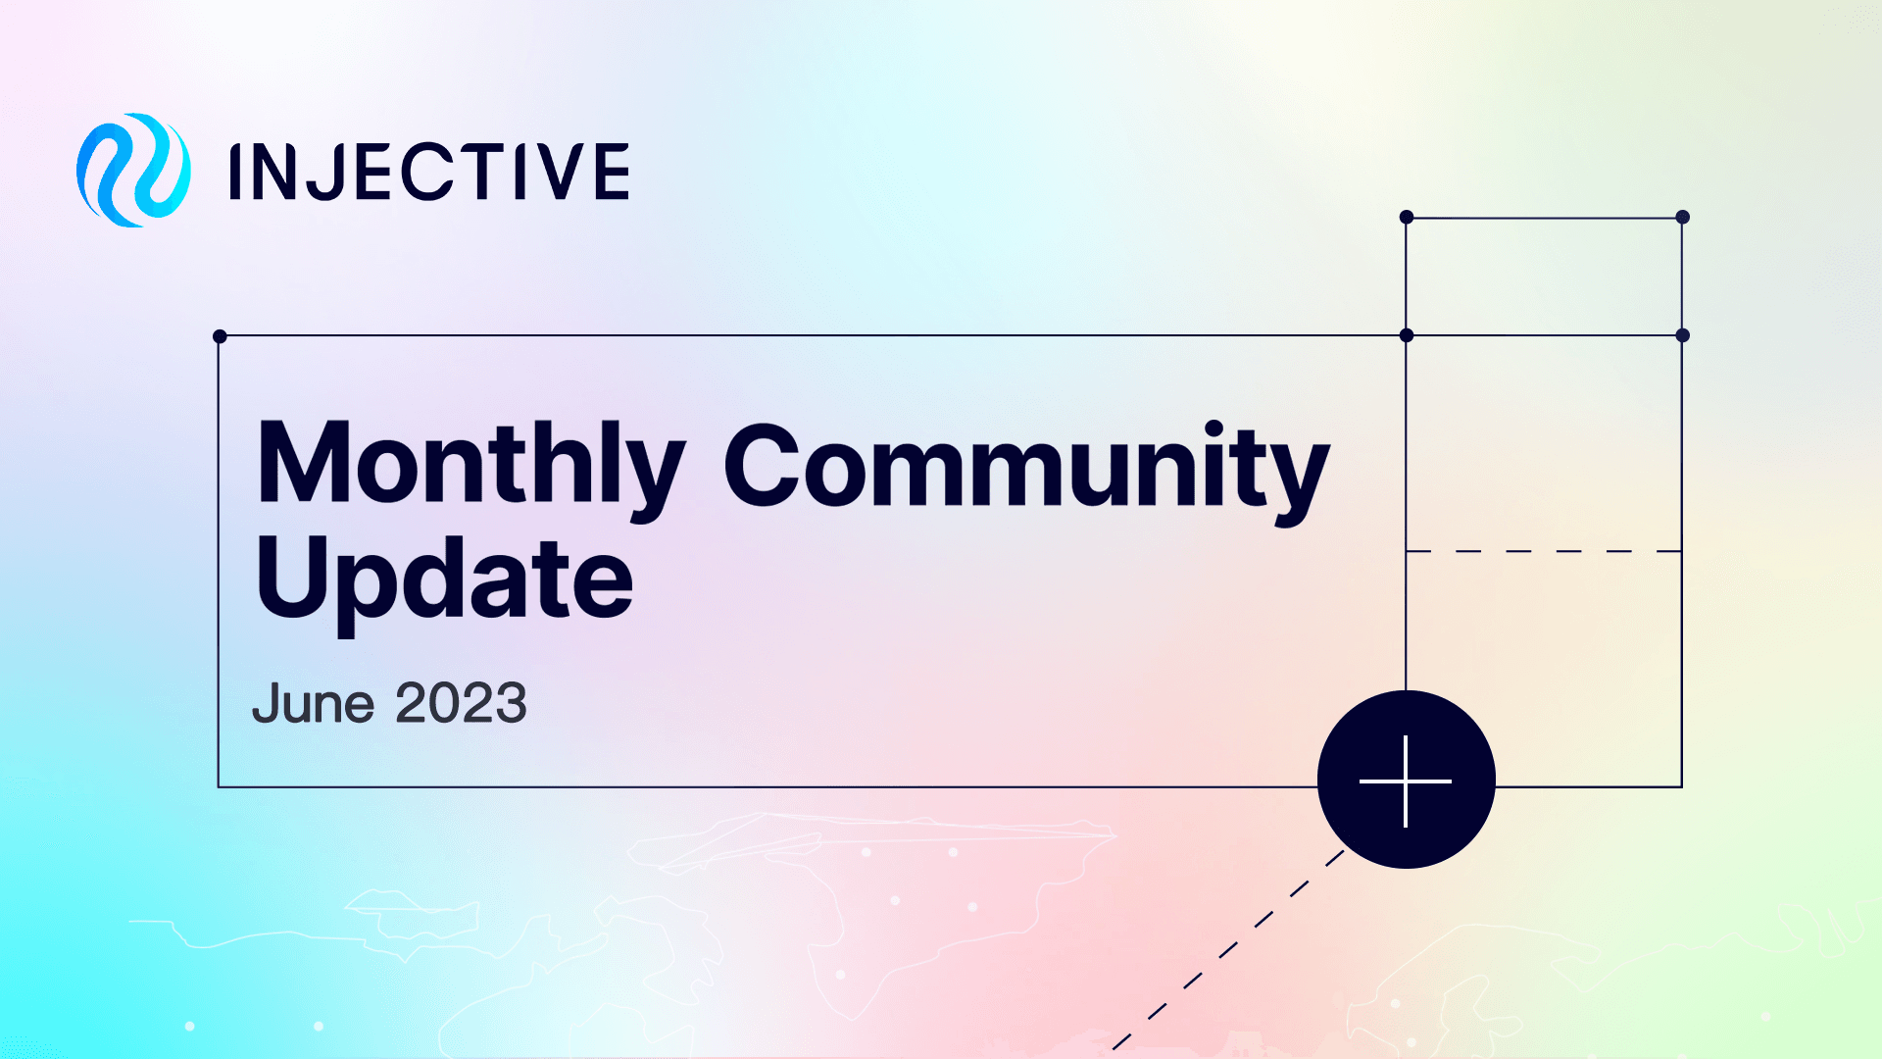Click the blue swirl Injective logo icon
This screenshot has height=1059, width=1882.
click(133, 171)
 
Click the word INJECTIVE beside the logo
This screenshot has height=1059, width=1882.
click(429, 172)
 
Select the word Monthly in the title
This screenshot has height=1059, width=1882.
click(470, 464)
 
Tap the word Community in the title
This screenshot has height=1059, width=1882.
click(1026, 467)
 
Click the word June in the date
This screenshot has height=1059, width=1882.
click(313, 704)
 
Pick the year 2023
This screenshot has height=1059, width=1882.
click(461, 704)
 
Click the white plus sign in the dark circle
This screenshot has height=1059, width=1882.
click(1406, 781)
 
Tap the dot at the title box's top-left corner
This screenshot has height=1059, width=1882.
click(220, 336)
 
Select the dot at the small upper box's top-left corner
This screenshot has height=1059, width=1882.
click(1407, 217)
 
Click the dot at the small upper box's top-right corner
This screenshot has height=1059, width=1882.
click(1682, 217)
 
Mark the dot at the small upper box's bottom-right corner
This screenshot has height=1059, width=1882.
click(1682, 335)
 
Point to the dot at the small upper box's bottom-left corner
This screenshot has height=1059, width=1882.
click(1407, 335)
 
